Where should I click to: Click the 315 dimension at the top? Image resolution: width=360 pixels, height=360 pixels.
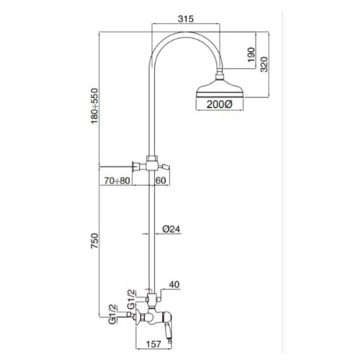[x=186, y=19]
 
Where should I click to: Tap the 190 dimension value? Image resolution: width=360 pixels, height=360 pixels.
[x=251, y=55]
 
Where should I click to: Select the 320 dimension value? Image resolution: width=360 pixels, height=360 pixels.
[x=264, y=64]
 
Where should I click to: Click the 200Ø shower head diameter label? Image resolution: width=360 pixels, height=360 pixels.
[x=220, y=104]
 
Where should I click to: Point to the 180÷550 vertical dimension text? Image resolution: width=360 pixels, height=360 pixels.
[x=94, y=106]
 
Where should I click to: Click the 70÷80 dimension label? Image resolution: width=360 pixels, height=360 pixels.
[x=117, y=180]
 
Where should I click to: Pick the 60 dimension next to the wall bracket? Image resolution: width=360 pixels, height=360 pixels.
[x=161, y=180]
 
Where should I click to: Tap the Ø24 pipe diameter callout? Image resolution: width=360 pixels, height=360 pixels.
[x=171, y=229]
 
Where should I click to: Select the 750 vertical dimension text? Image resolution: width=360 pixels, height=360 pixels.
[x=94, y=240]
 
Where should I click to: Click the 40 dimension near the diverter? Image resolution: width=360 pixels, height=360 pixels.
[x=174, y=284]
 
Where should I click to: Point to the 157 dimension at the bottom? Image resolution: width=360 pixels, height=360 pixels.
[x=153, y=344]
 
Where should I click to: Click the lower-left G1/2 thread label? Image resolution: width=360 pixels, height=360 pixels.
[x=112, y=315]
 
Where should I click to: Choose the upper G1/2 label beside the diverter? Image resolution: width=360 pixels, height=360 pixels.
[x=131, y=300]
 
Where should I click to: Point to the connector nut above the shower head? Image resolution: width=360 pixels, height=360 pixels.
[x=220, y=75]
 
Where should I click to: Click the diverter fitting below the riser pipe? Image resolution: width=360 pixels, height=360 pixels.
[x=151, y=299]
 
